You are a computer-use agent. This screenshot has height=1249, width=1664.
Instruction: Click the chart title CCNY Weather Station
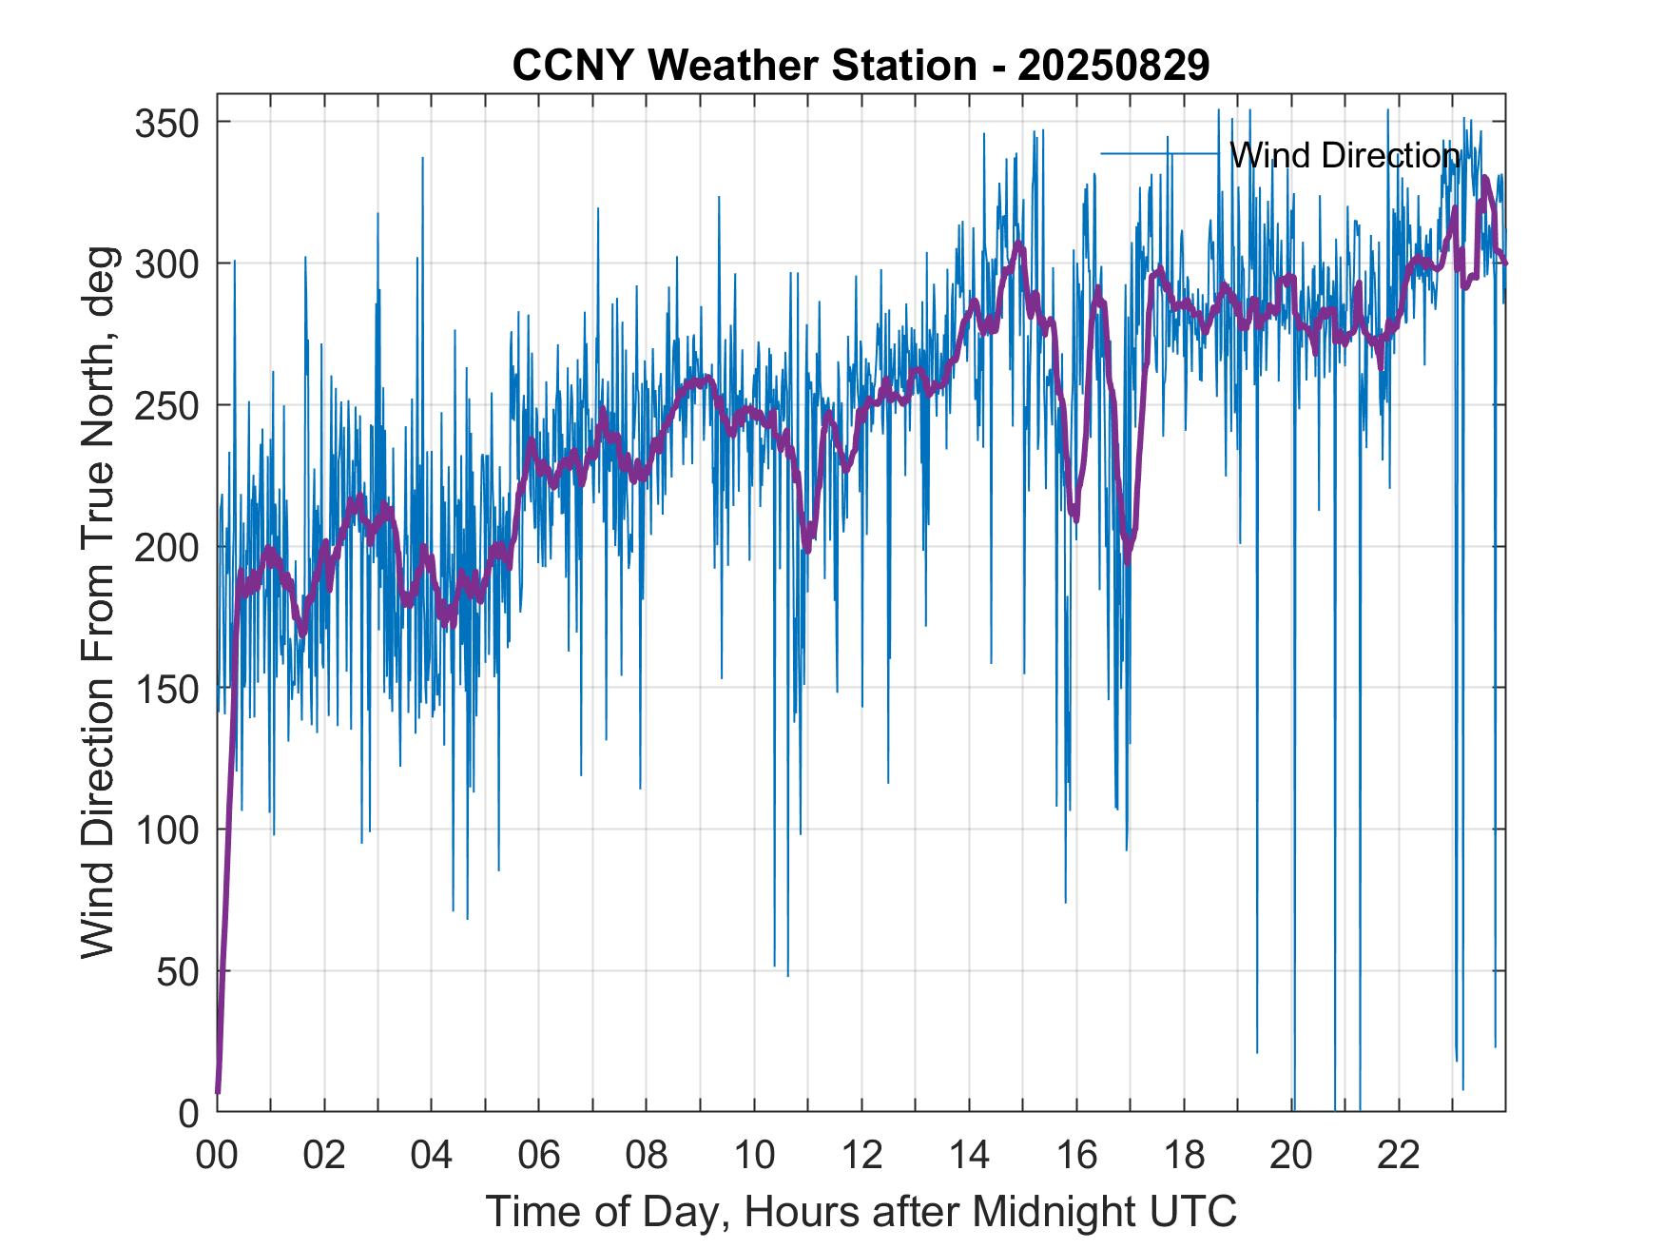point(861,66)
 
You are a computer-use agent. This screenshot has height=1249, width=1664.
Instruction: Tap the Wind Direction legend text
point(1344,155)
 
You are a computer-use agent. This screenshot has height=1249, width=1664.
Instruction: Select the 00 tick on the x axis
point(217,1156)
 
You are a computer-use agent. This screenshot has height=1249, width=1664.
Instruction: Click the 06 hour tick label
point(539,1156)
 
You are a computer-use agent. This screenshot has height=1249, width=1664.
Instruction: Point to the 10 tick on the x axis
point(754,1156)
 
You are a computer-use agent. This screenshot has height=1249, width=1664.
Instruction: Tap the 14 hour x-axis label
point(969,1156)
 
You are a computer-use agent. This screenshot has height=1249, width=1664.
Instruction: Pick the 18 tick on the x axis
point(1184,1156)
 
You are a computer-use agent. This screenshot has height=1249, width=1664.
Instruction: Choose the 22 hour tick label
point(1399,1156)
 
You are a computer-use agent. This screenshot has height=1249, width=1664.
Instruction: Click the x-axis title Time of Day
point(861,1212)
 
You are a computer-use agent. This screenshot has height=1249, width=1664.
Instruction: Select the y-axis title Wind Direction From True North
point(98,602)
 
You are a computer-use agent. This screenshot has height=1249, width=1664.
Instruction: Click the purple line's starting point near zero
point(218,1091)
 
